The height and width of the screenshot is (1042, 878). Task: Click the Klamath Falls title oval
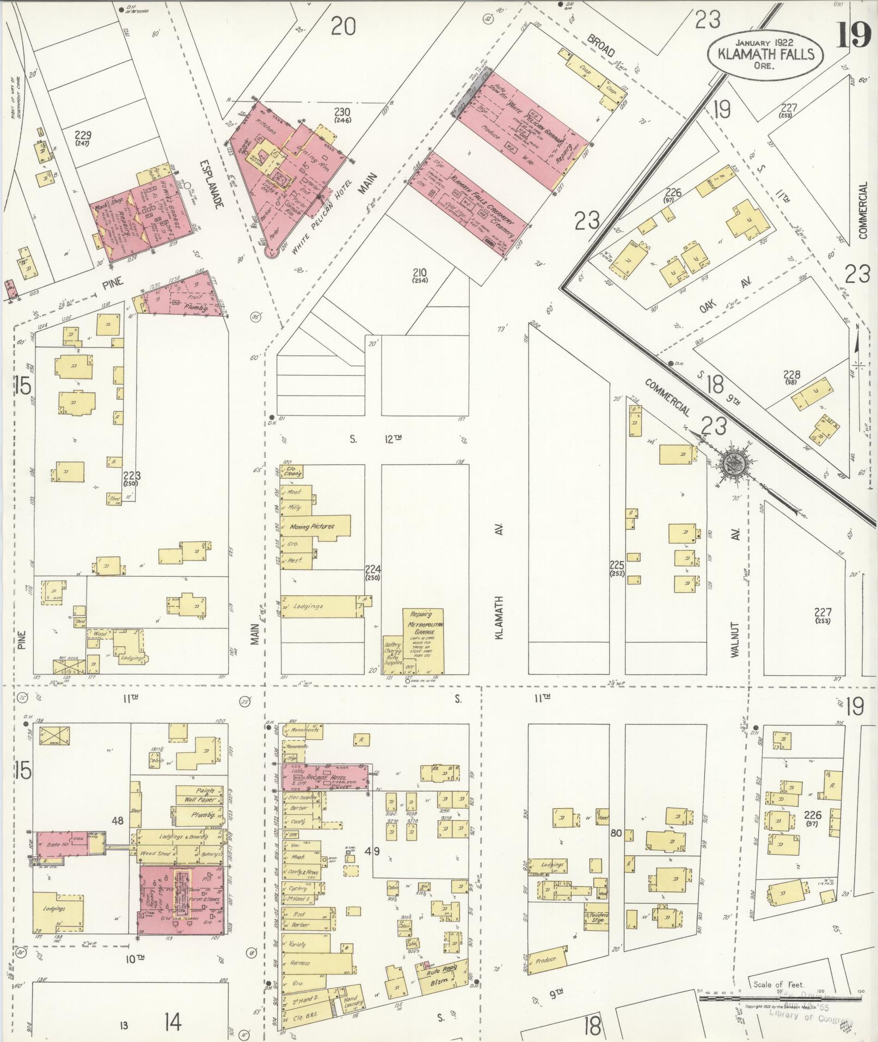tap(765, 53)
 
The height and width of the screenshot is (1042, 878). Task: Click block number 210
tap(420, 275)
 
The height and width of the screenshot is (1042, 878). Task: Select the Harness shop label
tap(299, 963)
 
